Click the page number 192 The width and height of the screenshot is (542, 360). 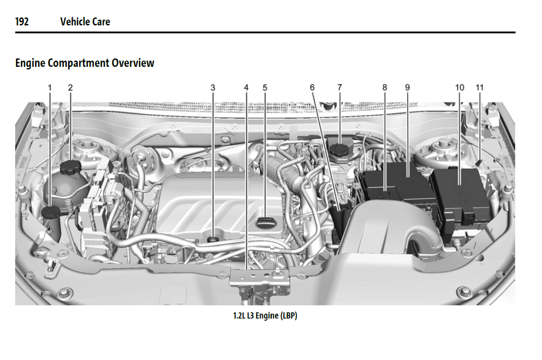coord(22,22)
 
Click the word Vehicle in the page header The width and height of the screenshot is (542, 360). coord(75,22)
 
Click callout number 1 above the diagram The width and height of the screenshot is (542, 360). coord(50,88)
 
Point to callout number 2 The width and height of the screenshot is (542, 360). coord(70,88)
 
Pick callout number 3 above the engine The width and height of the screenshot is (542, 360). coord(213,88)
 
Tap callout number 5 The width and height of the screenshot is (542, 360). coord(265,88)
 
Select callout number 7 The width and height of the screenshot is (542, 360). coord(339,87)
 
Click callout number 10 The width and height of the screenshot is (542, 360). coord(459,88)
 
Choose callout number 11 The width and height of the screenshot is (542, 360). coord(480,88)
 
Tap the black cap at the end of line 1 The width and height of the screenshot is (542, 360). coord(50,212)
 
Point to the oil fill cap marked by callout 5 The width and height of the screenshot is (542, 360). coord(266,222)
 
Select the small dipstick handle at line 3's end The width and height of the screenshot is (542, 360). coord(213,239)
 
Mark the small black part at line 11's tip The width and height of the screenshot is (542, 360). coord(479,163)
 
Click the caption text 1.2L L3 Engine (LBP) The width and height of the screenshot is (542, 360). coord(265,316)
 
